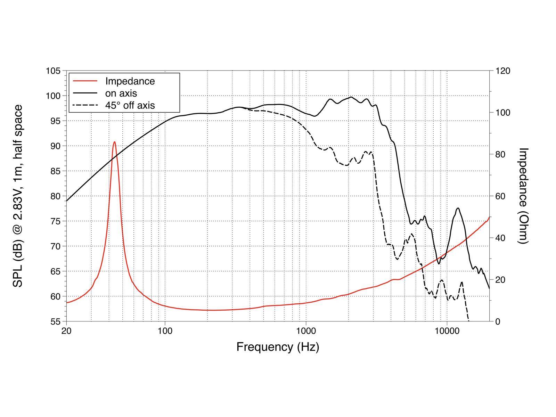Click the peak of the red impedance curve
(114, 142)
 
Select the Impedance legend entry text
(130, 81)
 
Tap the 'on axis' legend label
(121, 93)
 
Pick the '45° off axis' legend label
(130, 105)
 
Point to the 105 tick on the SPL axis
(53, 71)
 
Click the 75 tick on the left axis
(55, 221)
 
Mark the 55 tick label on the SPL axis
(55, 321)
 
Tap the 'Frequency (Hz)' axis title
(278, 347)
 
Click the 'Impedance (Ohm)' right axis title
(523, 196)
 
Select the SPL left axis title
(18, 196)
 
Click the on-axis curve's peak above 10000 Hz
(458, 208)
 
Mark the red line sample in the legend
(85, 81)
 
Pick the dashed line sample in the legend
(85, 105)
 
